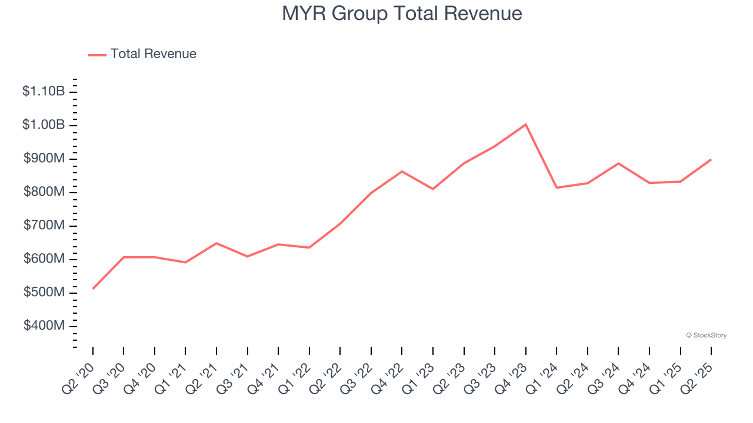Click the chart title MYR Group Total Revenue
pos(402,14)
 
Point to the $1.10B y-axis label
pos(44,92)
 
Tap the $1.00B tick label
pos(44,125)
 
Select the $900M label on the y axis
pos(44,159)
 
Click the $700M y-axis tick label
pos(44,226)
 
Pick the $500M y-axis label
pos(44,293)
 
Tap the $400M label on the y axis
pos(44,326)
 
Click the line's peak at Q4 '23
pos(525,125)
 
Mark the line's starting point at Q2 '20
pos(93,288)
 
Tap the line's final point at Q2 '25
pos(711,159)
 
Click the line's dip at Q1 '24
pos(557,187)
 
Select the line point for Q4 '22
pos(402,172)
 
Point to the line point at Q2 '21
pos(216,243)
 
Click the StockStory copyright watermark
pos(706,335)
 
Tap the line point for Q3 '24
pos(618,163)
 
